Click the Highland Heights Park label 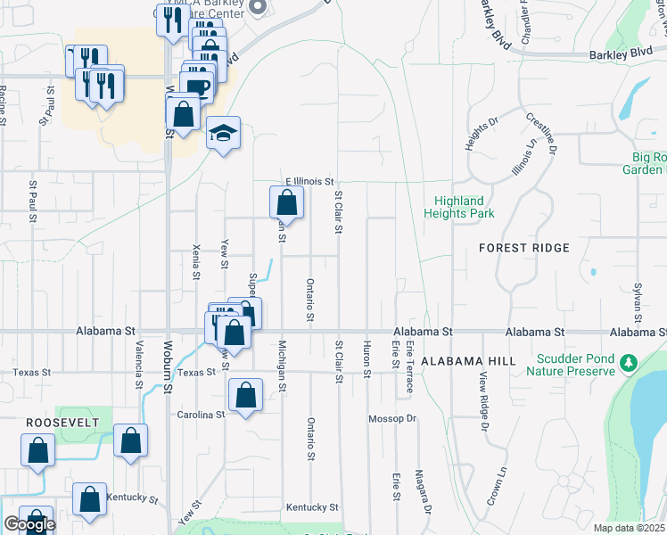(x=464, y=207)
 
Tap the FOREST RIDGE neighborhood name (x=523, y=246)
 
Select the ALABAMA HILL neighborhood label (x=468, y=361)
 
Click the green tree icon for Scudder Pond (x=628, y=362)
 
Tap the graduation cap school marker (x=223, y=134)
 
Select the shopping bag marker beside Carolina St (x=245, y=395)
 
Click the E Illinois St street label (x=309, y=180)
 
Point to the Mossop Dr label (x=392, y=418)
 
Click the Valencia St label (x=139, y=366)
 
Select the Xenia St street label (x=196, y=259)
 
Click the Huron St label (x=366, y=360)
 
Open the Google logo (x=29, y=525)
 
